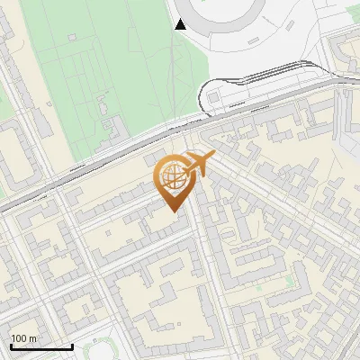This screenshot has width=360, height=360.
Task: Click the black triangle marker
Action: [x=181, y=24]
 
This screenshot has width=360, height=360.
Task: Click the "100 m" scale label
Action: [x=23, y=338]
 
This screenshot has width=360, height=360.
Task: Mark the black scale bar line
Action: [x=41, y=346]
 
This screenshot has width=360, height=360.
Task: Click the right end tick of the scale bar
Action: [x=72, y=345]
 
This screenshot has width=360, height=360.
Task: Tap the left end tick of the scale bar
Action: [x=11, y=345]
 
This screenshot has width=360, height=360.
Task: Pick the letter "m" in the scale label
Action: [x=32, y=338]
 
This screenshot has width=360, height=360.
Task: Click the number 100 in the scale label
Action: [x=19, y=338]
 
